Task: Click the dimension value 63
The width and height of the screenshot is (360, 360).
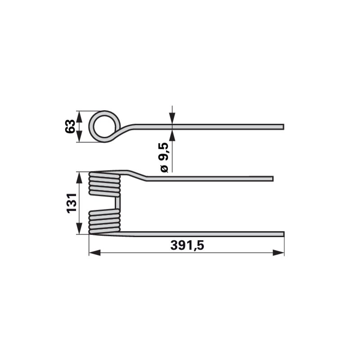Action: coord(70,126)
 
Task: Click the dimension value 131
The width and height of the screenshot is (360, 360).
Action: coord(72,203)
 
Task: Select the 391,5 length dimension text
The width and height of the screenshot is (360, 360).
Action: coord(187,245)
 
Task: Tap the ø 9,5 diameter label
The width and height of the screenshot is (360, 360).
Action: coord(164,157)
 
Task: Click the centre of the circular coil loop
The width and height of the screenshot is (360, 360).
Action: coord(104,126)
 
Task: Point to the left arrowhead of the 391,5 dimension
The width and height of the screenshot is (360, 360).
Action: coord(94,253)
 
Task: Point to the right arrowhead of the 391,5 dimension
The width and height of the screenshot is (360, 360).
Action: coord(279,253)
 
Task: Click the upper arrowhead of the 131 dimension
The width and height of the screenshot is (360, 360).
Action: coord(79,177)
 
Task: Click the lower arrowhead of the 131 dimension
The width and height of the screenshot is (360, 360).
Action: coord(79,229)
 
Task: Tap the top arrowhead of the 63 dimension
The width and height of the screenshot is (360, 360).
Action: coord(79,117)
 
